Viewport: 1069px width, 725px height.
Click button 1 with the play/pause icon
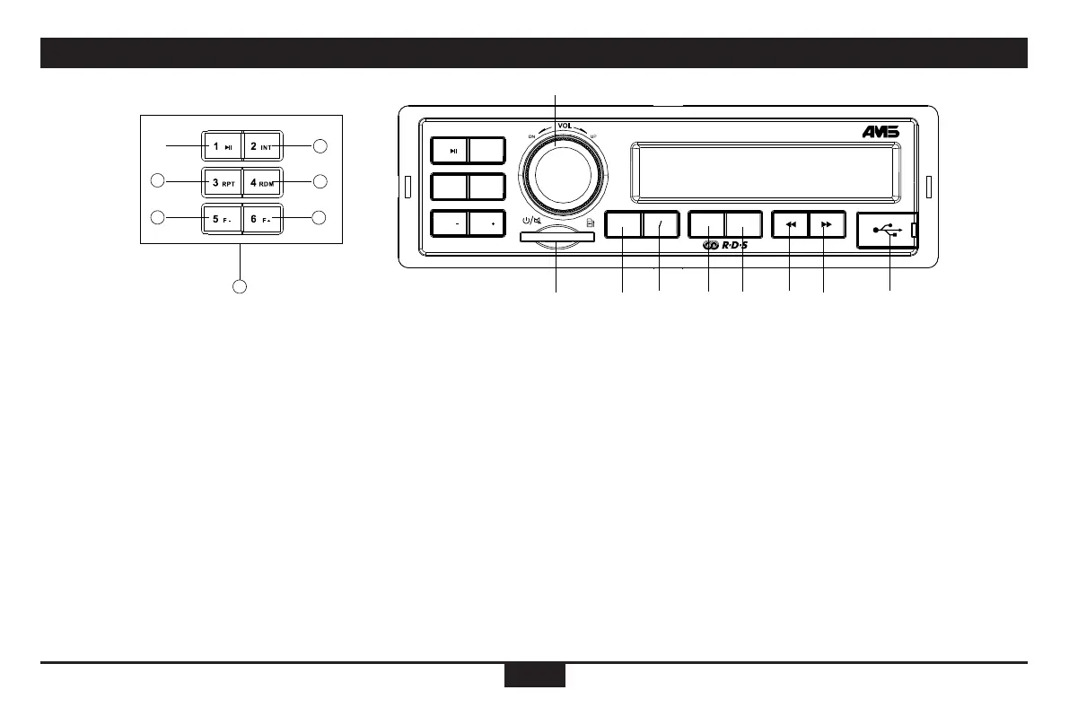[221, 146]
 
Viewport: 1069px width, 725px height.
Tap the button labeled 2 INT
[261, 146]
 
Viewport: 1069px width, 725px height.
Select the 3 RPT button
[221, 182]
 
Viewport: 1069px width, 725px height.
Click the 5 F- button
[221, 218]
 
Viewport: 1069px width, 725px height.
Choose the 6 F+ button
[261, 218]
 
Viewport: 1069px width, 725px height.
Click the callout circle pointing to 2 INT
[320, 145]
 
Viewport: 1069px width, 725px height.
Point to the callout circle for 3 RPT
[156, 181]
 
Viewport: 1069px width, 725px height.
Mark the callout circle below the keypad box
[240, 287]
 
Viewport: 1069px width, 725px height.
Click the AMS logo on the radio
[881, 132]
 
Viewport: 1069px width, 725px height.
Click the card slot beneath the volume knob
[556, 237]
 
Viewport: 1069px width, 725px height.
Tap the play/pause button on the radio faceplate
[450, 150]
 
